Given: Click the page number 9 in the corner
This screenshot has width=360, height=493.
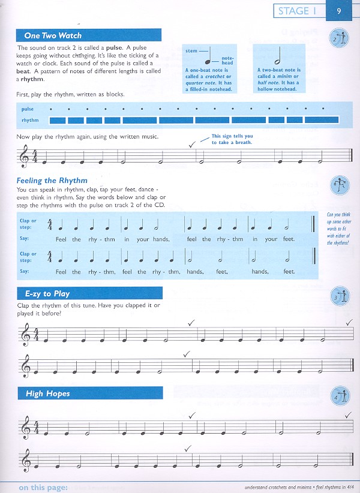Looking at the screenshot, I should point(340,11).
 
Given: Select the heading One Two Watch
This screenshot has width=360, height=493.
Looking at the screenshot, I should point(53,35).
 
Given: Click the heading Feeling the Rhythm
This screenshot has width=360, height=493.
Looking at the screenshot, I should point(53,180).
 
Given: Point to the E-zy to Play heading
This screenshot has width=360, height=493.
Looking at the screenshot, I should point(47,294).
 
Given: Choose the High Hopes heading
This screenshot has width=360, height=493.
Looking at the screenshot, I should point(48,393).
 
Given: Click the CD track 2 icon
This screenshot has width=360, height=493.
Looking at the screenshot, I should point(337,40).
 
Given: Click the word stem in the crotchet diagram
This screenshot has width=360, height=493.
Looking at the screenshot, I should point(191,52).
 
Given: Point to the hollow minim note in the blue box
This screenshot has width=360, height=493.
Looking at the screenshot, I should point(278,57).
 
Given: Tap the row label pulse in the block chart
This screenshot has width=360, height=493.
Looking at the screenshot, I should point(28,109).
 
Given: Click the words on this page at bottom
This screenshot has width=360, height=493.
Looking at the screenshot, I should point(43,487).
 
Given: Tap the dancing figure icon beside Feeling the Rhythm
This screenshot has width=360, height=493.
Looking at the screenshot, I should point(337,183).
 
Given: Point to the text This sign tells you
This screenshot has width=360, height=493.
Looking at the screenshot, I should point(232,136).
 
